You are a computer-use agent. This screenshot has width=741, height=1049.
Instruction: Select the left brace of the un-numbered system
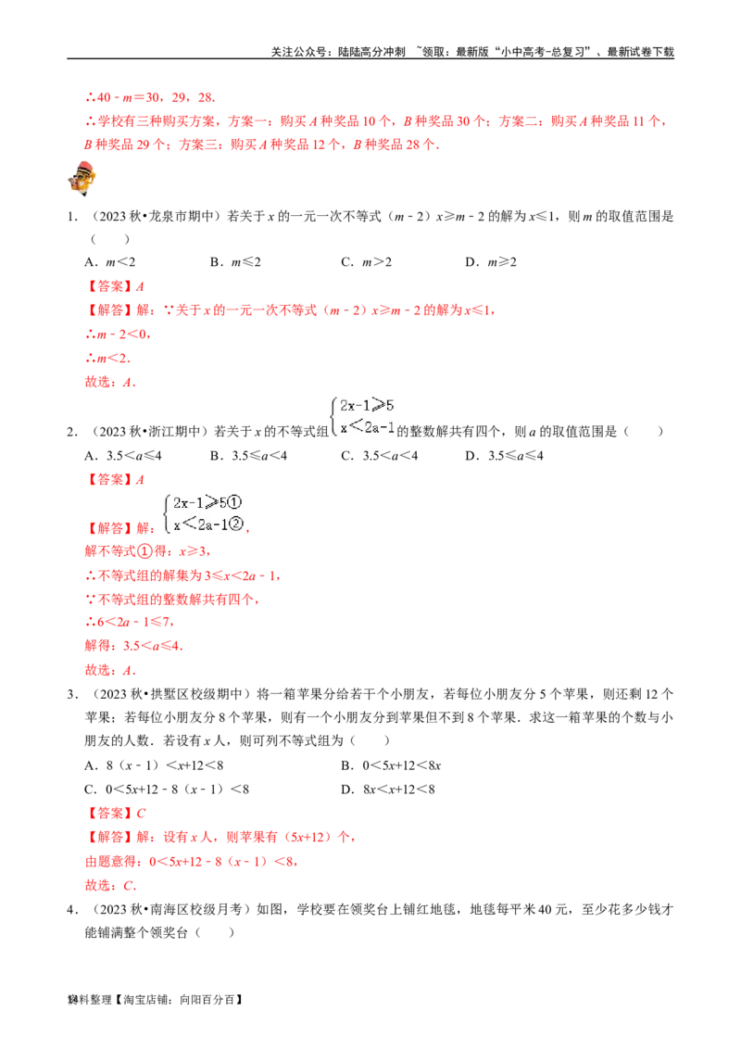333,415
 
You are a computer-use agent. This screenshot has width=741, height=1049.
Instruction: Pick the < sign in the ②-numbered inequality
188,524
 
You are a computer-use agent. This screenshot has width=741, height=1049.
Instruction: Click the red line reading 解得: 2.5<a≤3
133,646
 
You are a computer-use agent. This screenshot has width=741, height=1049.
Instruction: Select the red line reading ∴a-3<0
119,335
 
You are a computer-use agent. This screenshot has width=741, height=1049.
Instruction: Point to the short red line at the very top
149,97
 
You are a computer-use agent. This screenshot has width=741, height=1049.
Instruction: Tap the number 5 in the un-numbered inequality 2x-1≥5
392,405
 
